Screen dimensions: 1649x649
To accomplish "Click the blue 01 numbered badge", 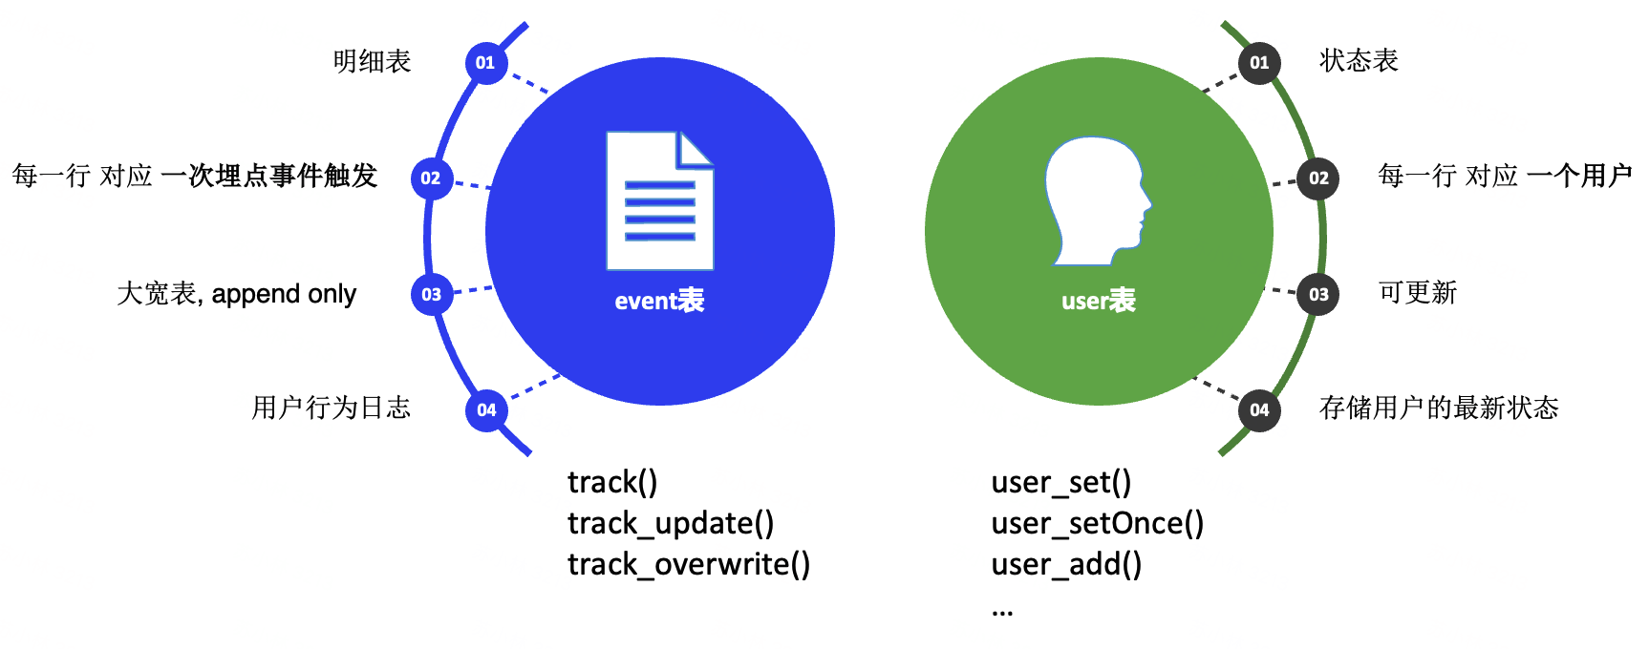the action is click(486, 63).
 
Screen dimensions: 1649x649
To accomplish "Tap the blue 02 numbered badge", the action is click(432, 178).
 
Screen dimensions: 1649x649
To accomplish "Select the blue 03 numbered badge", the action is click(432, 294).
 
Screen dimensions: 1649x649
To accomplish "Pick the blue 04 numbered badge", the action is click(486, 410).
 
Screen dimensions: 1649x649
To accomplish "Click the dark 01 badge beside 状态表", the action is click(1259, 63).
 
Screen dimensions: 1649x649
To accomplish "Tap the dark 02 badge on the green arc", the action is click(1318, 178).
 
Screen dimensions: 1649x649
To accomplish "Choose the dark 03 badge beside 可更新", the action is click(1318, 294).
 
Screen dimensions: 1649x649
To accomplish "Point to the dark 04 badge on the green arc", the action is click(1259, 410).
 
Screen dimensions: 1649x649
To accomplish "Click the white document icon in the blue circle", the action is click(660, 200).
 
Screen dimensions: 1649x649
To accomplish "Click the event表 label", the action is click(659, 301).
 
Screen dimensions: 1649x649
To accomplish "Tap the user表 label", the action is click(1099, 301).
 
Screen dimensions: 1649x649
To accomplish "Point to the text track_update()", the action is click(671, 523).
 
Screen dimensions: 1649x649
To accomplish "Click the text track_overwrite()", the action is click(689, 564).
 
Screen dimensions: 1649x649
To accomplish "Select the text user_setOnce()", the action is click(1098, 523).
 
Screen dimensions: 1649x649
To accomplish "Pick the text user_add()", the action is click(1066, 564).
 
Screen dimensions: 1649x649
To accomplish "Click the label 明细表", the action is click(373, 61).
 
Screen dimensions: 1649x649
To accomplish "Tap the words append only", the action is click(284, 294).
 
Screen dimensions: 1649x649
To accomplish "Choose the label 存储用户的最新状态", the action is click(1439, 408).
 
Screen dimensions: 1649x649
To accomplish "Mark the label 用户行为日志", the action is click(332, 408).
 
